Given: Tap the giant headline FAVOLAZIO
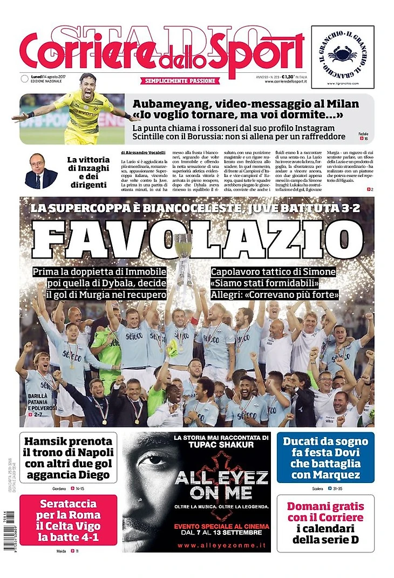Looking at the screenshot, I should [x=197, y=236].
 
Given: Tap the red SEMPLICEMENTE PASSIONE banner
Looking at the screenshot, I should [x=181, y=81].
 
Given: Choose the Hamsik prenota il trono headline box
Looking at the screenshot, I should [x=68, y=457].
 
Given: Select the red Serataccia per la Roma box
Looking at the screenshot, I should [x=68, y=520].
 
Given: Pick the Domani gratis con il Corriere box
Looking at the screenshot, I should [x=325, y=522].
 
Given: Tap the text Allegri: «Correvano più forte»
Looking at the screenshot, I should [x=275, y=295].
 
